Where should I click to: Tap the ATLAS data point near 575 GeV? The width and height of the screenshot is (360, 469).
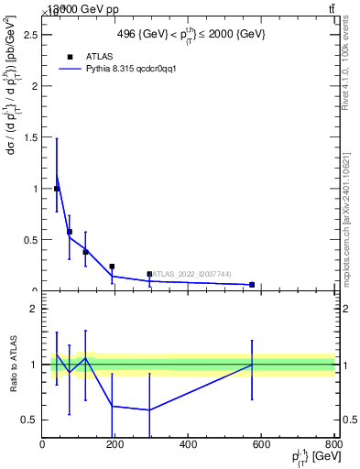tap(252, 285)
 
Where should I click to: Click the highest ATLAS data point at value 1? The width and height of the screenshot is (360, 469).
tap(57, 189)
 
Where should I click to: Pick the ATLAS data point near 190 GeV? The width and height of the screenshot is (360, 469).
tap(112, 267)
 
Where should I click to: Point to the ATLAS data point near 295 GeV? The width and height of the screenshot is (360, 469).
tap(149, 274)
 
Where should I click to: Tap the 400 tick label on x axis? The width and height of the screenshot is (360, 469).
tap(188, 445)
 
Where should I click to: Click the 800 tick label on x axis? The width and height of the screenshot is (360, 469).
tap(333, 445)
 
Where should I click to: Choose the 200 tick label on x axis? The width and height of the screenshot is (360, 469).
tap(115, 445)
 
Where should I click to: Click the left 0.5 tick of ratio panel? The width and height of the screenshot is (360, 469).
tap(30, 420)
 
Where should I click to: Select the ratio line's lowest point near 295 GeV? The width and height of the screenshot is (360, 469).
tap(149, 409)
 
